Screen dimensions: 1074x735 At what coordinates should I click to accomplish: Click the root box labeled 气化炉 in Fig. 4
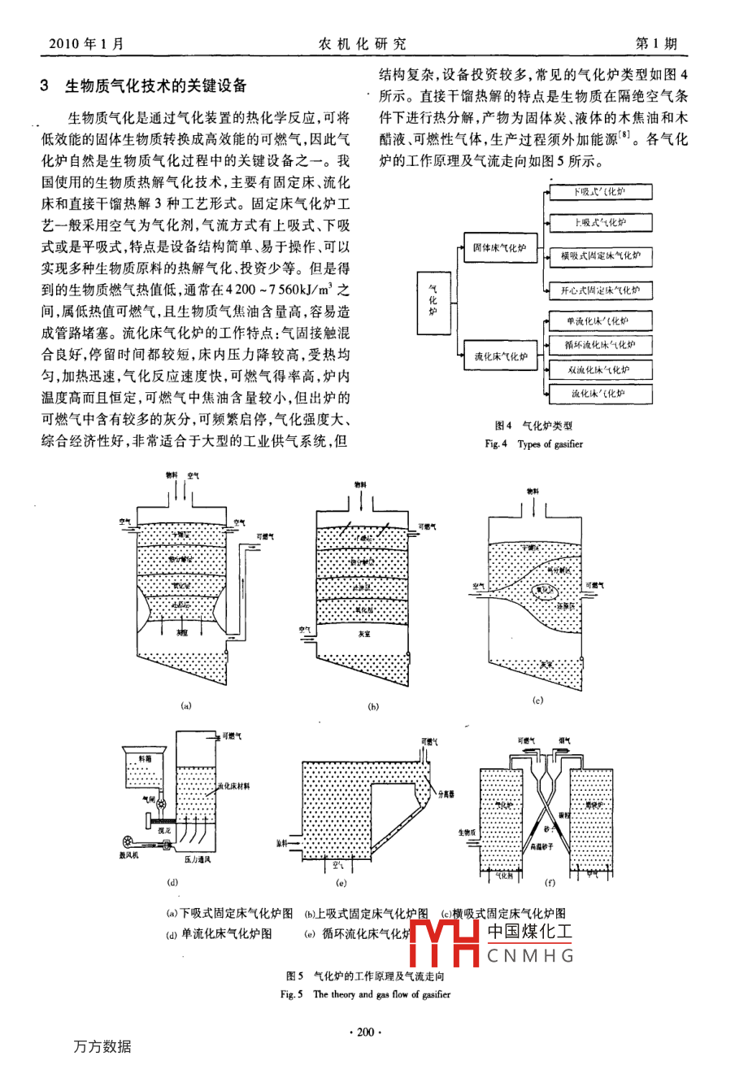[x=433, y=303]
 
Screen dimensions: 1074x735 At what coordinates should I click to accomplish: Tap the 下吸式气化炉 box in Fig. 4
[x=599, y=192]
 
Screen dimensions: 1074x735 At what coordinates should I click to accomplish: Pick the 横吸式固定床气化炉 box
[x=599, y=255]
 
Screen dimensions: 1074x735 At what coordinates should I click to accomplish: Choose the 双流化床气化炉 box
[x=599, y=370]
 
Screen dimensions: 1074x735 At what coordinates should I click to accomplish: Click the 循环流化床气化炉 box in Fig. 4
[x=599, y=345]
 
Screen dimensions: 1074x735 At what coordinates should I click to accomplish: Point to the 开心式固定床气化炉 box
[x=599, y=290]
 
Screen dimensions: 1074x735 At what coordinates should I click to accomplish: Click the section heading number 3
[x=46, y=85]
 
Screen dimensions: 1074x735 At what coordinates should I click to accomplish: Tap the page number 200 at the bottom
[x=364, y=1033]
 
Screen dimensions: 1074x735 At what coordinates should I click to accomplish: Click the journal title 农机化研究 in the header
[x=363, y=44]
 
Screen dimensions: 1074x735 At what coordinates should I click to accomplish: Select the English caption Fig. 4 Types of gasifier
[x=533, y=444]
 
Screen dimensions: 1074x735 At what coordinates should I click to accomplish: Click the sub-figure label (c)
[x=537, y=700]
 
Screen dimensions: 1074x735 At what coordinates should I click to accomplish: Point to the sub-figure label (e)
[x=341, y=883]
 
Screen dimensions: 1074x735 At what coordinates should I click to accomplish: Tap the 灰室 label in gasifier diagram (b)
[x=363, y=634]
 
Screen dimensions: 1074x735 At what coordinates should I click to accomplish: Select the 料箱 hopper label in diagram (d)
[x=144, y=759]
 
